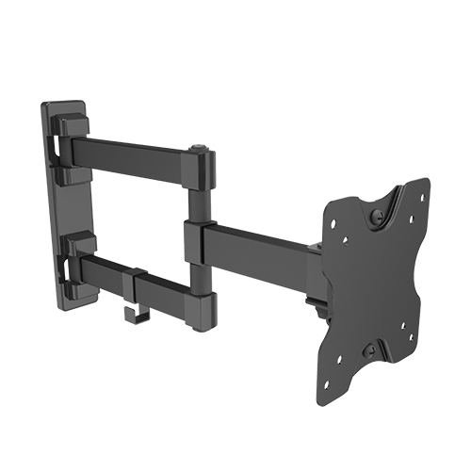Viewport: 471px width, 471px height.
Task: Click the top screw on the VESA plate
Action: (x=377, y=217)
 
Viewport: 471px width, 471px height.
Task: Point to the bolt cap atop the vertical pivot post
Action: (x=199, y=148)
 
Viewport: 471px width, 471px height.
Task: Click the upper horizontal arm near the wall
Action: (x=132, y=154)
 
